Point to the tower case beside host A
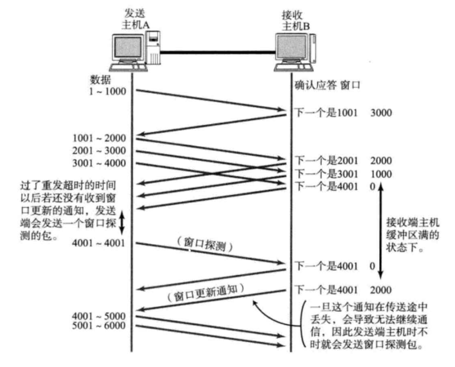pyautogui.click(x=152, y=49)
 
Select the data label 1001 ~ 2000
pyautogui.click(x=99, y=138)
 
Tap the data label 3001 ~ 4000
pyautogui.click(x=99, y=164)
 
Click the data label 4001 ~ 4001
pyautogui.click(x=99, y=243)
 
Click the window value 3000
pyautogui.click(x=381, y=112)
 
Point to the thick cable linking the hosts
pyautogui.click(x=218, y=52)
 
